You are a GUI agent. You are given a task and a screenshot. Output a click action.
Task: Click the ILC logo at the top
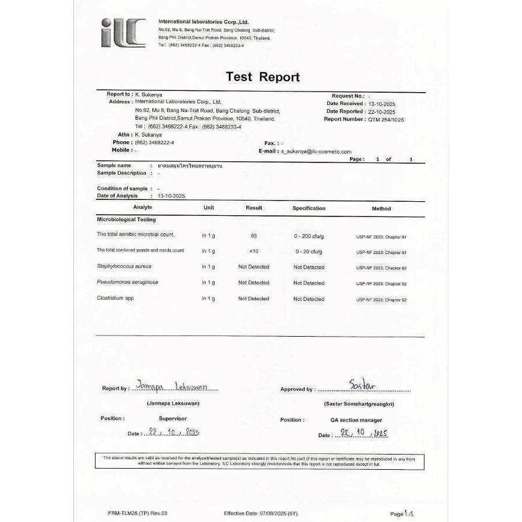[123, 32]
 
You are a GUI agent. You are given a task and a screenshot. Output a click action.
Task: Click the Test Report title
[262, 77]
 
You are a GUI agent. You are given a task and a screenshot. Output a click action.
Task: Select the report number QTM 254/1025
[386, 119]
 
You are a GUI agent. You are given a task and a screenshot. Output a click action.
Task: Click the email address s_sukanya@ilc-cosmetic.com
[316, 151]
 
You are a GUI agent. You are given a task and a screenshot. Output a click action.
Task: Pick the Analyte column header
[143, 208]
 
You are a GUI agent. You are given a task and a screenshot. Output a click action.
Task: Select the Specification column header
[309, 208]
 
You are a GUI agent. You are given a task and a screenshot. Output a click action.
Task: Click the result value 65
[253, 235]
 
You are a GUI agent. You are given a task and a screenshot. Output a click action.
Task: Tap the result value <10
[253, 251]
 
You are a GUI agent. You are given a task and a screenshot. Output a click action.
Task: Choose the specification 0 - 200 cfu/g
[309, 236]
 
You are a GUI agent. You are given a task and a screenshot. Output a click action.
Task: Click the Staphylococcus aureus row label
[124, 266]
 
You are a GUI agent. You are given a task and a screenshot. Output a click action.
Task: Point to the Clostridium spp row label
[115, 298]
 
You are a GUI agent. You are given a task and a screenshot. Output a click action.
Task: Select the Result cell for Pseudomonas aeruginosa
[253, 283]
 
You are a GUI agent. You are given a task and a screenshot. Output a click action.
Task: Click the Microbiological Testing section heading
[126, 219]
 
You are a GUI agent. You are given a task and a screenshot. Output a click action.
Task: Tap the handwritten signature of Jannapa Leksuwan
[176, 387]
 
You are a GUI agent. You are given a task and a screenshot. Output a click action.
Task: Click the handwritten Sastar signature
[362, 385]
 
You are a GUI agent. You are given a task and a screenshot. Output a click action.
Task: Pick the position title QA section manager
[355, 420]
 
